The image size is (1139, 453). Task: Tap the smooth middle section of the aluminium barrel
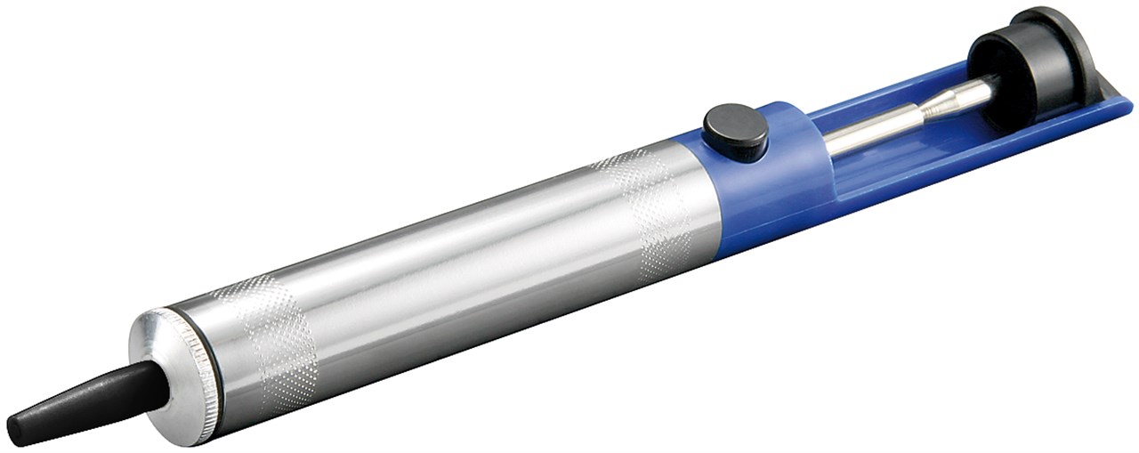pos(445,258)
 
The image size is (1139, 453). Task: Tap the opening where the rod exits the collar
pos(823,142)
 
